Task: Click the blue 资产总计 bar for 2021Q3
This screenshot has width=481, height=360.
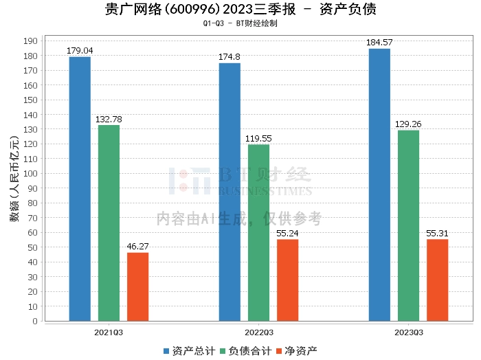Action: [x=80, y=189]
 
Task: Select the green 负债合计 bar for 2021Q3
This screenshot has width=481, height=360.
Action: [x=109, y=223]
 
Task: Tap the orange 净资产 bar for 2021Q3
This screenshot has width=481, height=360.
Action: [x=137, y=286]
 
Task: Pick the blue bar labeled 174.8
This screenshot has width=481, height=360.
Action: [x=230, y=192]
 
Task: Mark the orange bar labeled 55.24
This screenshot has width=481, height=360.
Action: [x=287, y=280]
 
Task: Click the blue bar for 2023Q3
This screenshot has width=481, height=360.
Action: [x=379, y=185]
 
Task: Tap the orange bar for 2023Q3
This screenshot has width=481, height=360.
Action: [x=437, y=280]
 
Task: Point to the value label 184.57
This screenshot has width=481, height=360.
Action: [x=379, y=43]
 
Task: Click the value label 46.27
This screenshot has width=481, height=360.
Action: [x=137, y=247]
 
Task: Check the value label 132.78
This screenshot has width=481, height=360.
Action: [x=109, y=120]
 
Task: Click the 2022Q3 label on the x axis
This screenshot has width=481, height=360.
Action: [x=258, y=332]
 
